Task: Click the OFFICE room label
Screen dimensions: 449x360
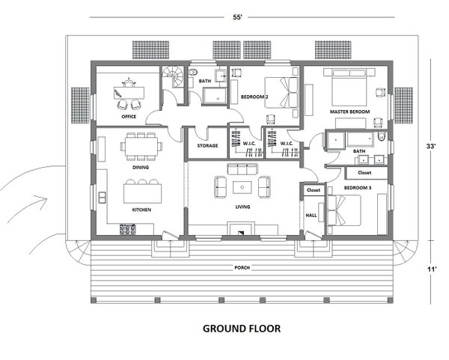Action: click(x=129, y=117)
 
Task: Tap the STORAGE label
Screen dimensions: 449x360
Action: click(x=207, y=146)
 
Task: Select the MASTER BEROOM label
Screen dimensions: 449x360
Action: click(x=349, y=112)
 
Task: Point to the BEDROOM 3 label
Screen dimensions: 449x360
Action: click(x=358, y=188)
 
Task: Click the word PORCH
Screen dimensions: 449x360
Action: click(x=242, y=268)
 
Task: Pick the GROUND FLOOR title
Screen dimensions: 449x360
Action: click(x=242, y=329)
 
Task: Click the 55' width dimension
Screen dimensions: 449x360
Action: click(x=237, y=17)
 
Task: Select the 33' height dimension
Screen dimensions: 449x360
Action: click(x=431, y=147)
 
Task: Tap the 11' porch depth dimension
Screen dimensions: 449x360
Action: click(x=432, y=269)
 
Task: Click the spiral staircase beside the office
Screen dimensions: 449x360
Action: click(x=173, y=77)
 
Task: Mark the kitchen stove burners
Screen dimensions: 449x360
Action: click(x=128, y=229)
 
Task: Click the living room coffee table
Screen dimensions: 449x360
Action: click(x=242, y=188)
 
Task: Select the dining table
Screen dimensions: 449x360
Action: click(x=141, y=147)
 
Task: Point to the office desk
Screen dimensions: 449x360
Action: click(x=129, y=93)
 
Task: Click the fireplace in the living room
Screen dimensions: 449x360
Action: click(x=241, y=228)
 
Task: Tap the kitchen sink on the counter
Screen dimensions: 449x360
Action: click(x=102, y=198)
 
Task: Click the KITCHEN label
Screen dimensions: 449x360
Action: click(x=141, y=210)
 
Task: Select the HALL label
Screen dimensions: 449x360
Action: click(x=311, y=215)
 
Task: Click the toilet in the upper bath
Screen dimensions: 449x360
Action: click(x=192, y=72)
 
